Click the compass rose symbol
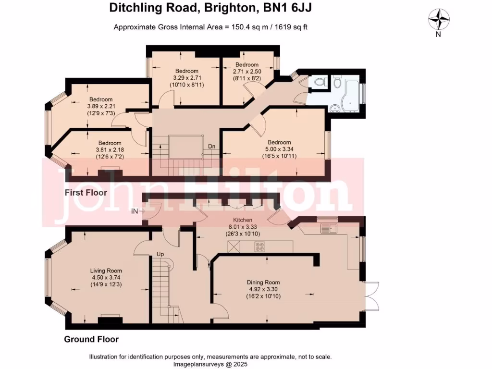click(438, 21)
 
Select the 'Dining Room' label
click(263, 282)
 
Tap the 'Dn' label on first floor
click(211, 146)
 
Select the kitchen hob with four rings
click(260, 247)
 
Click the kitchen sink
click(329, 228)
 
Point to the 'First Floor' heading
click(86, 193)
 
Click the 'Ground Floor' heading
click(91, 339)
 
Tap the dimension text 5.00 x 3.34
click(279, 149)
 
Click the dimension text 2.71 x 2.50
click(247, 71)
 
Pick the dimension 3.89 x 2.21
click(100, 106)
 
